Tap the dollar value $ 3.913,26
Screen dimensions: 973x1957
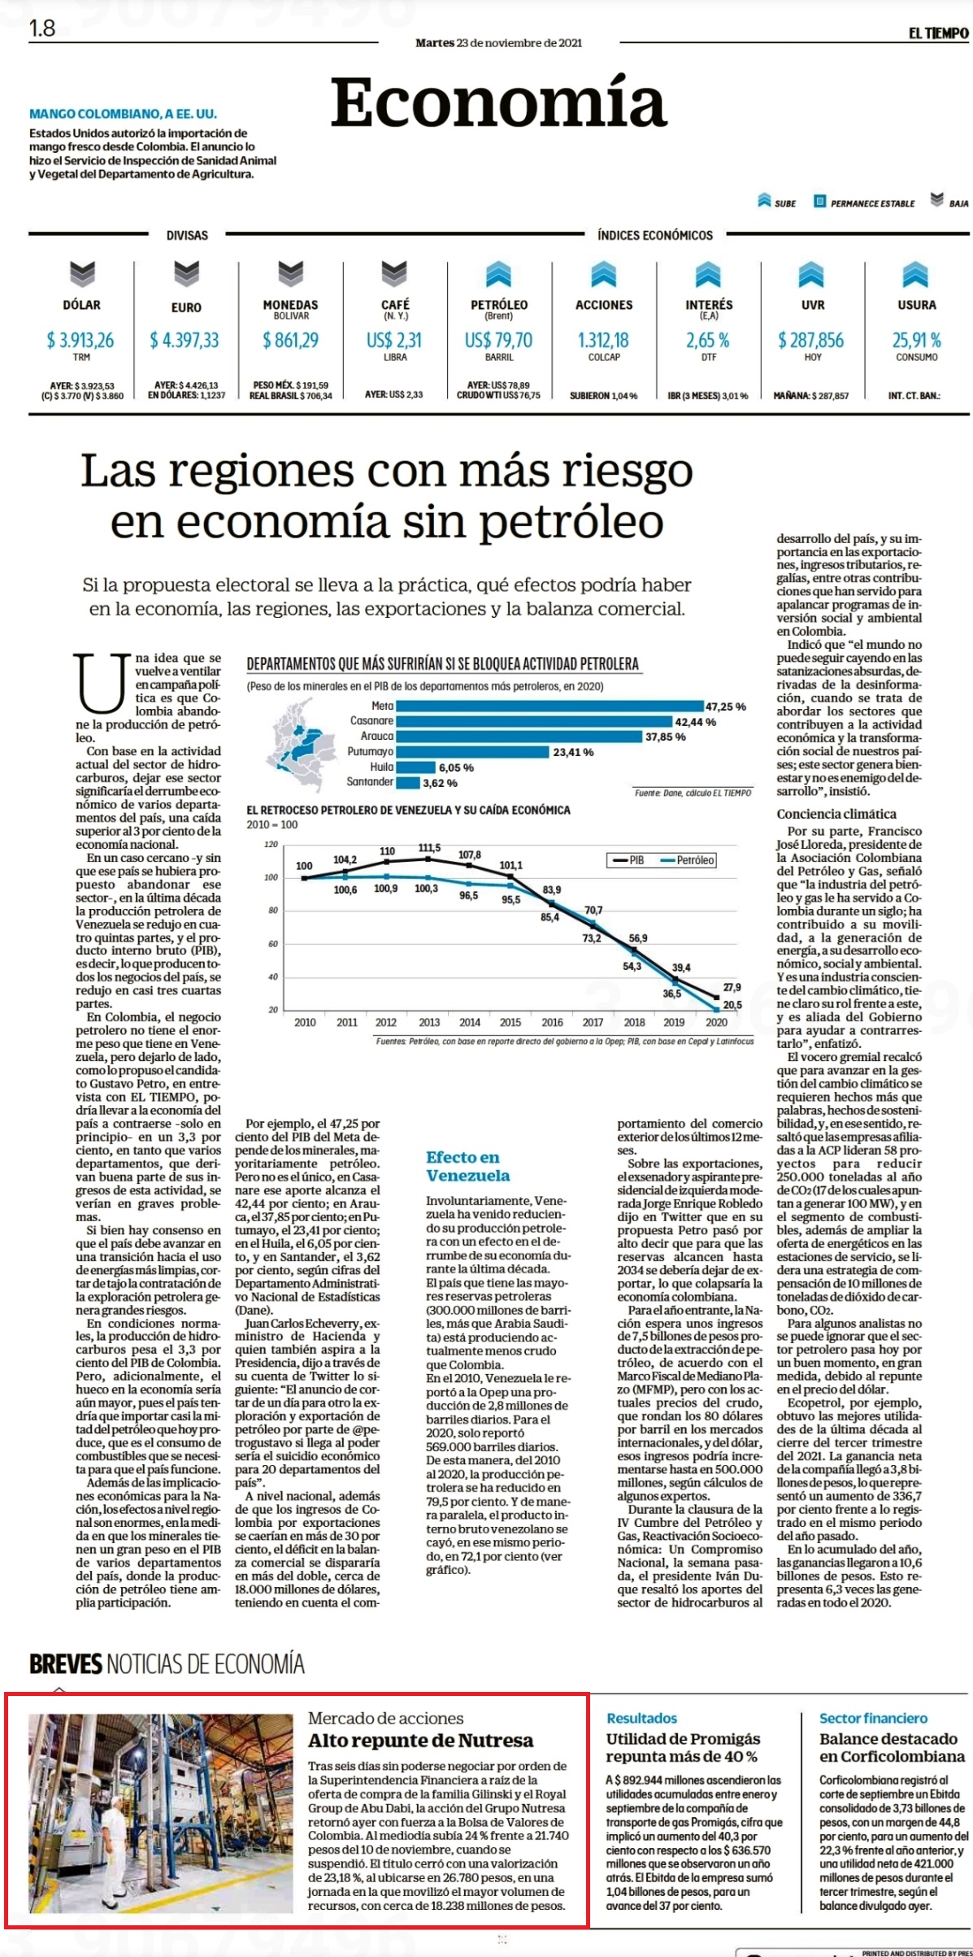pyautogui.click(x=80, y=340)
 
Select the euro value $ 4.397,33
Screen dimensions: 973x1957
pyautogui.click(x=185, y=340)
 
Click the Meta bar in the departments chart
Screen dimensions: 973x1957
pyautogui.click(x=550, y=706)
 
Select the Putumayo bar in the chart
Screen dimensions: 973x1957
pyautogui.click(x=473, y=752)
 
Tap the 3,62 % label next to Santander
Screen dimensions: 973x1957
pyautogui.click(x=440, y=783)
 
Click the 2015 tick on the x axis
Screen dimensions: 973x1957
pyautogui.click(x=510, y=1022)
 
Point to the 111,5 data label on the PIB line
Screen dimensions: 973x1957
pyautogui.click(x=429, y=848)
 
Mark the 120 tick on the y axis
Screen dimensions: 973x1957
pyautogui.click(x=271, y=845)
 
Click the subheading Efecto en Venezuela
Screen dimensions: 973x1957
pyautogui.click(x=468, y=1166)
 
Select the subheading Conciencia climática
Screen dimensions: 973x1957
pyautogui.click(x=836, y=814)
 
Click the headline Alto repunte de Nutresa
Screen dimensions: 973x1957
pyautogui.click(x=420, y=1740)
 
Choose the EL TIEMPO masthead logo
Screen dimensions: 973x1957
pyautogui.click(x=939, y=33)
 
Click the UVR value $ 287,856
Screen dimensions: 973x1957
pyautogui.click(x=811, y=340)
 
